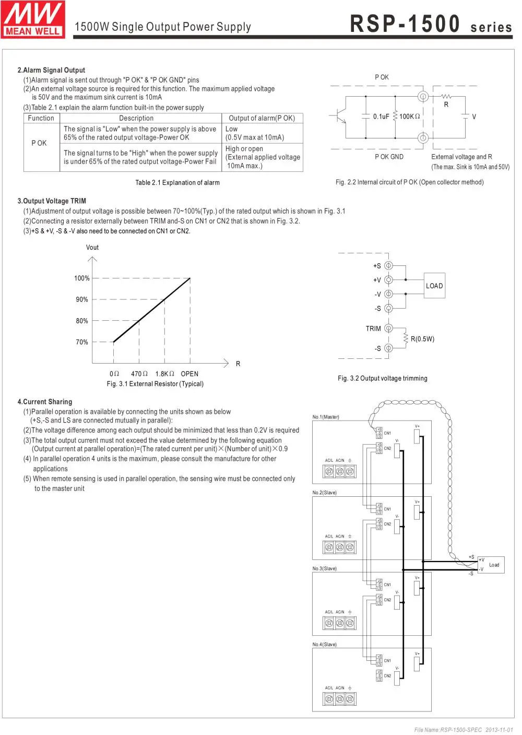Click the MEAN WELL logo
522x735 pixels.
(x=33, y=19)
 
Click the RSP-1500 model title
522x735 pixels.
(x=405, y=24)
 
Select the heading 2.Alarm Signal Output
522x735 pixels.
(x=51, y=70)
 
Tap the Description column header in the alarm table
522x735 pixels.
(x=136, y=118)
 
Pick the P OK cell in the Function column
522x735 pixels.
(x=39, y=143)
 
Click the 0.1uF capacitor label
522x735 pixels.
(x=381, y=116)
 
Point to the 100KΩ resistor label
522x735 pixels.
(x=410, y=116)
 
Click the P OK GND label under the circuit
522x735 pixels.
(x=389, y=157)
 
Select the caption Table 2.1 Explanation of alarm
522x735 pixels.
(x=177, y=183)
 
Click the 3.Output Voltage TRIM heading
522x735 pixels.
(x=52, y=201)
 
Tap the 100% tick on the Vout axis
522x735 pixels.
(x=82, y=278)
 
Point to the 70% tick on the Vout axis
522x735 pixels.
(x=82, y=342)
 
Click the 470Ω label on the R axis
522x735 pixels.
(x=139, y=374)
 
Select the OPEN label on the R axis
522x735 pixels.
(x=189, y=374)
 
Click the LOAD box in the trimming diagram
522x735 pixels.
(x=434, y=286)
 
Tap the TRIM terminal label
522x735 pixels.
(x=373, y=329)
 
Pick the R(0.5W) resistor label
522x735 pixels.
(x=422, y=339)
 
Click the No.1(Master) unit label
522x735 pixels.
(x=326, y=417)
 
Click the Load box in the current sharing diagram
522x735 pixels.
(x=494, y=565)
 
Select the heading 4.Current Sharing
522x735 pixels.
(x=45, y=402)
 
